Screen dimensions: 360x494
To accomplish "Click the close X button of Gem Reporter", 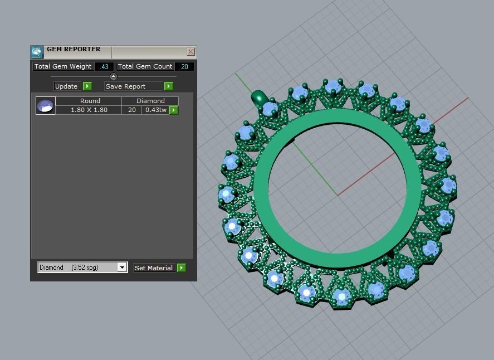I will click(190, 52).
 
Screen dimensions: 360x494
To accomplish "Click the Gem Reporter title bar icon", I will click(37, 52).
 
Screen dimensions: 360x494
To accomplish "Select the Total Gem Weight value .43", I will click(104, 66).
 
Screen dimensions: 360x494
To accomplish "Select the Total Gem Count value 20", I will click(184, 66).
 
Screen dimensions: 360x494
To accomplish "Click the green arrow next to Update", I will click(87, 86).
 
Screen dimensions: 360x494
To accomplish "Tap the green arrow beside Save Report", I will click(169, 86).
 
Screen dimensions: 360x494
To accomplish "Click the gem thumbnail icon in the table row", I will click(45, 105).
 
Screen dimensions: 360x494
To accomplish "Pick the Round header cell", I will click(90, 101).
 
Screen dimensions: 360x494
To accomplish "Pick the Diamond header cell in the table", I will click(150, 101).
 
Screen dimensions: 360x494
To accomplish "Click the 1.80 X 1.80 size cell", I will click(89, 110).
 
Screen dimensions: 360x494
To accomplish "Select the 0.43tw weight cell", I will click(155, 110).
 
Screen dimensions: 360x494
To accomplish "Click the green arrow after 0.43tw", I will click(174, 110).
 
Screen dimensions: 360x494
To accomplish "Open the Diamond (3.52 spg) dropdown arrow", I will click(122, 267).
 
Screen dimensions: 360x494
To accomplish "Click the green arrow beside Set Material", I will click(182, 268).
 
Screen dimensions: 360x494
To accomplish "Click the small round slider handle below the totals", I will click(114, 77).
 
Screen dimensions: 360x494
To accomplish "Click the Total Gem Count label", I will click(145, 66).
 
